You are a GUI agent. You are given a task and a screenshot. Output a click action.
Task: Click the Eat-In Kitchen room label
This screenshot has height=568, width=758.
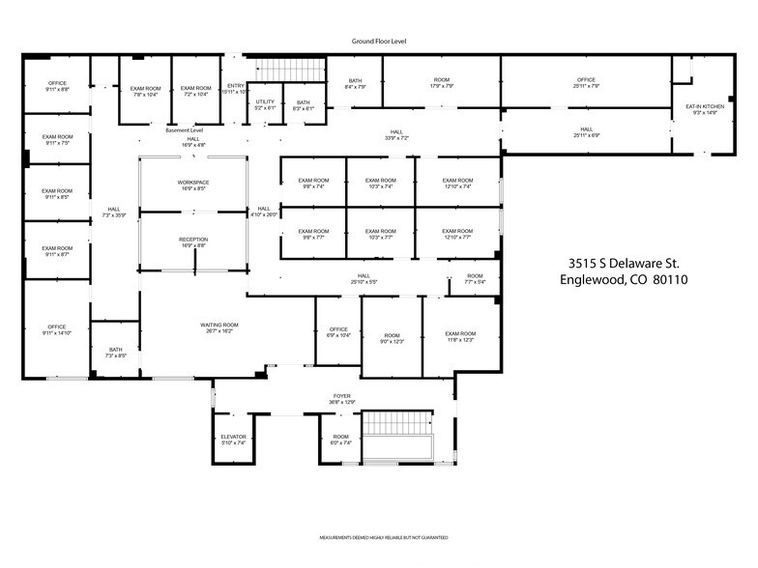[705, 108]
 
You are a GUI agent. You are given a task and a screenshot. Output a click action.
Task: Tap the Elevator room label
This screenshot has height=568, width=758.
[233, 440]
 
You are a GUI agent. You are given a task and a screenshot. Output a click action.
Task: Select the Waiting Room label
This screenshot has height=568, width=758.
[219, 327]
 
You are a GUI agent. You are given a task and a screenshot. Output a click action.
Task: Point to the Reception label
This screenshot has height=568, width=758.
[193, 241]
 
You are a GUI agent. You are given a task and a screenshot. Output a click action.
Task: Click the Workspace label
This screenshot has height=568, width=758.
[193, 185]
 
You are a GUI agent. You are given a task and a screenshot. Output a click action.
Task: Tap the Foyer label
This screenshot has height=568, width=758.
[343, 397]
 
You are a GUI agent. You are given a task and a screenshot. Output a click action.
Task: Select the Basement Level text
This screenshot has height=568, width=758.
[184, 129]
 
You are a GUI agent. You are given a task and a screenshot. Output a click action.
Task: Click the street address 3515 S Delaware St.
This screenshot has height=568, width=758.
[623, 263]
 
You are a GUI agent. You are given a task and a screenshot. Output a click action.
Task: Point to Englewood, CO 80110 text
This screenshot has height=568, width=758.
[623, 281]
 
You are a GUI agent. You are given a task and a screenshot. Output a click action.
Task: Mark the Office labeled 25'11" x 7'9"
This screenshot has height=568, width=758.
[586, 83]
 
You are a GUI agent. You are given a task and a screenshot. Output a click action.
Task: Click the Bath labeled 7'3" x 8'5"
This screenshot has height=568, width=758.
[115, 353]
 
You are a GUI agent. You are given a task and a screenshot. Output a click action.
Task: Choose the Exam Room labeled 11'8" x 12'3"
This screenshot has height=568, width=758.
[460, 336]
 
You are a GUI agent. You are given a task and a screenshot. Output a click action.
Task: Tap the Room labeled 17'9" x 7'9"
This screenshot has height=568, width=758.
[442, 83]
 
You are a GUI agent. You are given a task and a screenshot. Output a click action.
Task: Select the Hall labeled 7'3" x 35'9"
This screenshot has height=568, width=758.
[114, 213]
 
